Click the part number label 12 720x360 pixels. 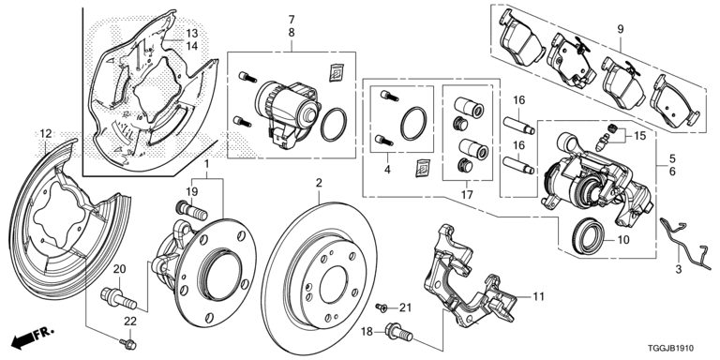pos(45,134)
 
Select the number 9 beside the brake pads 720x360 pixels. pos(620,30)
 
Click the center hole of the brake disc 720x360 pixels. pos(325,274)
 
